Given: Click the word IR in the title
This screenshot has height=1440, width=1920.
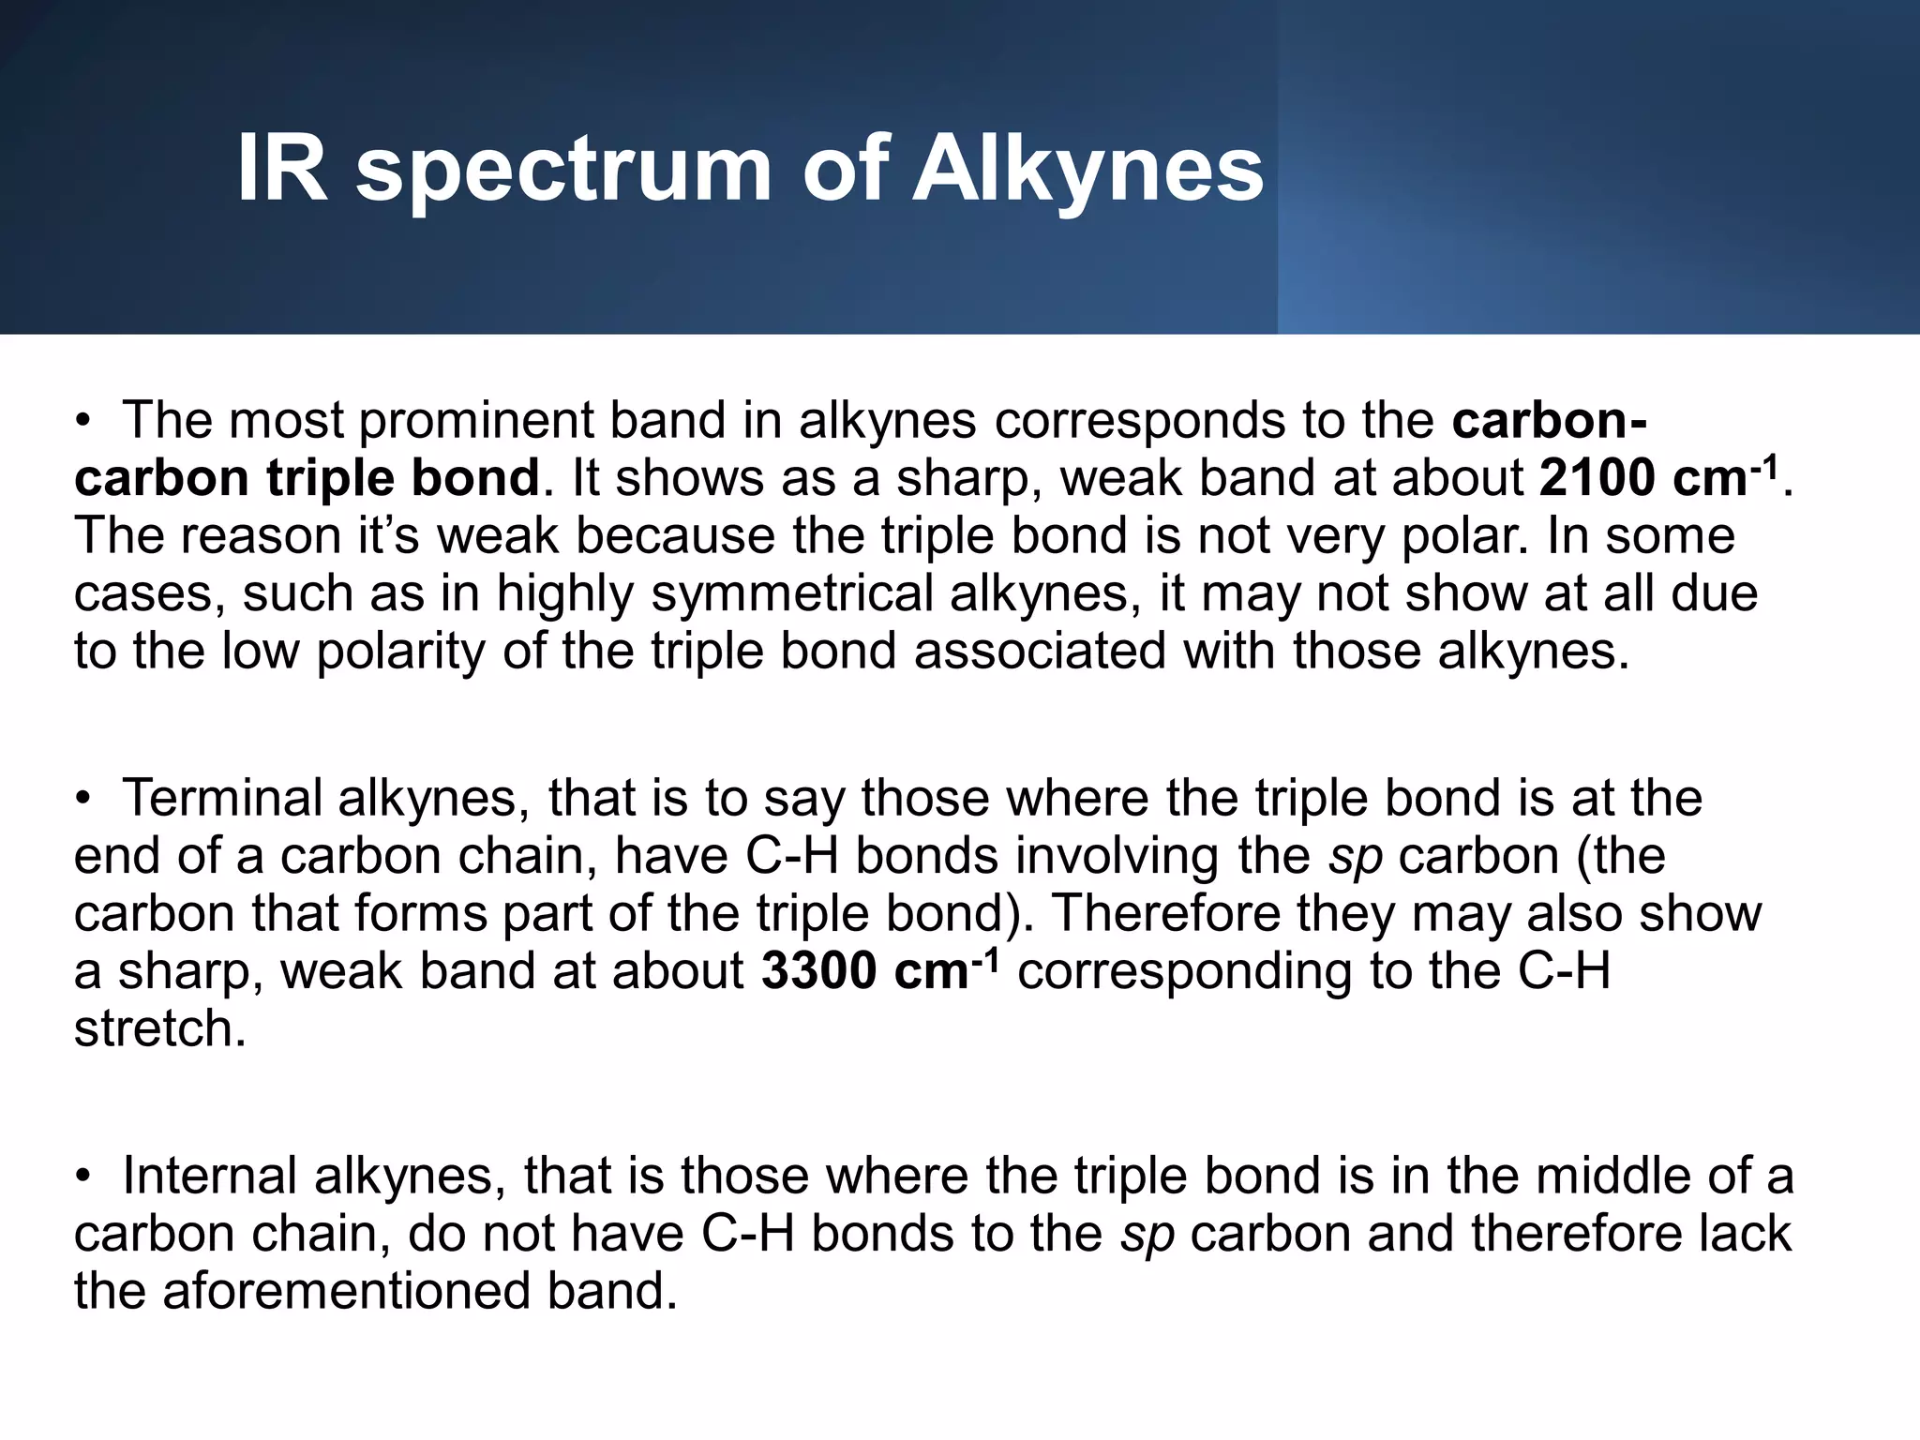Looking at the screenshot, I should (x=281, y=169).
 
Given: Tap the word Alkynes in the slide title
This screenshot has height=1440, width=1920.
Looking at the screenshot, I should (x=1087, y=171).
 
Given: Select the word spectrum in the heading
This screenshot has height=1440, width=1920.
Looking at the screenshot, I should (x=562, y=173).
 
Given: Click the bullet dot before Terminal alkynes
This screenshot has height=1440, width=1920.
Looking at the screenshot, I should (x=83, y=800).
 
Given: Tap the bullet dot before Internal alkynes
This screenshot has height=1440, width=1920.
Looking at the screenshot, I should (x=83, y=1177).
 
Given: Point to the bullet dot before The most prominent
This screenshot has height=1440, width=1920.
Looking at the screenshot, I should (x=83, y=421).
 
